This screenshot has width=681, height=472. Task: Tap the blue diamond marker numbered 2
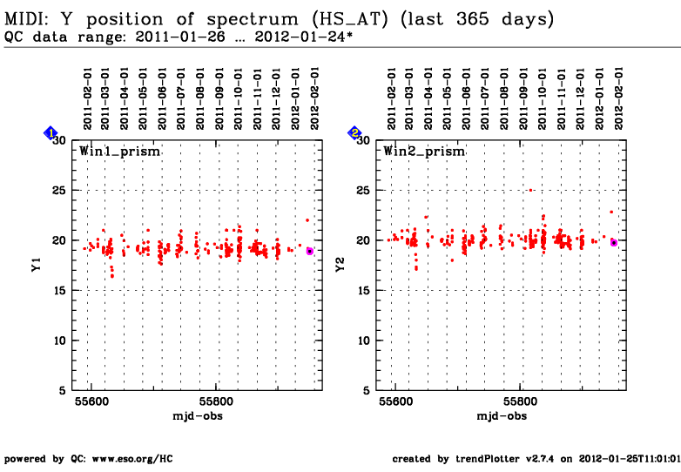coord(355,132)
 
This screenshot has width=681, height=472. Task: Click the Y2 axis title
coord(340,266)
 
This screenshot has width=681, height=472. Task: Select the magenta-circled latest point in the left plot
coord(310,251)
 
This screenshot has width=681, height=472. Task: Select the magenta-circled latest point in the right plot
coord(614,242)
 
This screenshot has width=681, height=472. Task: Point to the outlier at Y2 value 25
coord(530,190)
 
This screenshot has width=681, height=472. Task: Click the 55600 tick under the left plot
coord(91,402)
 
